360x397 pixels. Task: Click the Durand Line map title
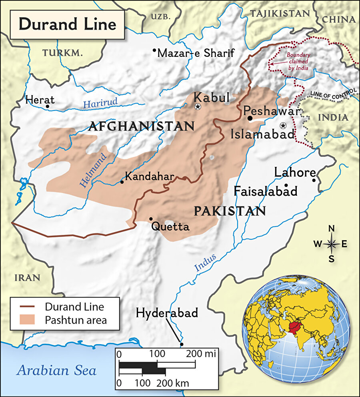67,24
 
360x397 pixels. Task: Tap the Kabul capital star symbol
197,107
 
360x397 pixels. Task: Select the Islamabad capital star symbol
283,125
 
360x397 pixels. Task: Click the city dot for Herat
48,106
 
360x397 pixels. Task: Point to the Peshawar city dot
250,118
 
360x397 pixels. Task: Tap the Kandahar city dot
122,182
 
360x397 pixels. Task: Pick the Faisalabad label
266,191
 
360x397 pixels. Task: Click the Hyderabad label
167,313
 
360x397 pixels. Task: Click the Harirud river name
100,103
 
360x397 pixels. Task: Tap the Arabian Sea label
56,370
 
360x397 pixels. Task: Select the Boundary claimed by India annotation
298,62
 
